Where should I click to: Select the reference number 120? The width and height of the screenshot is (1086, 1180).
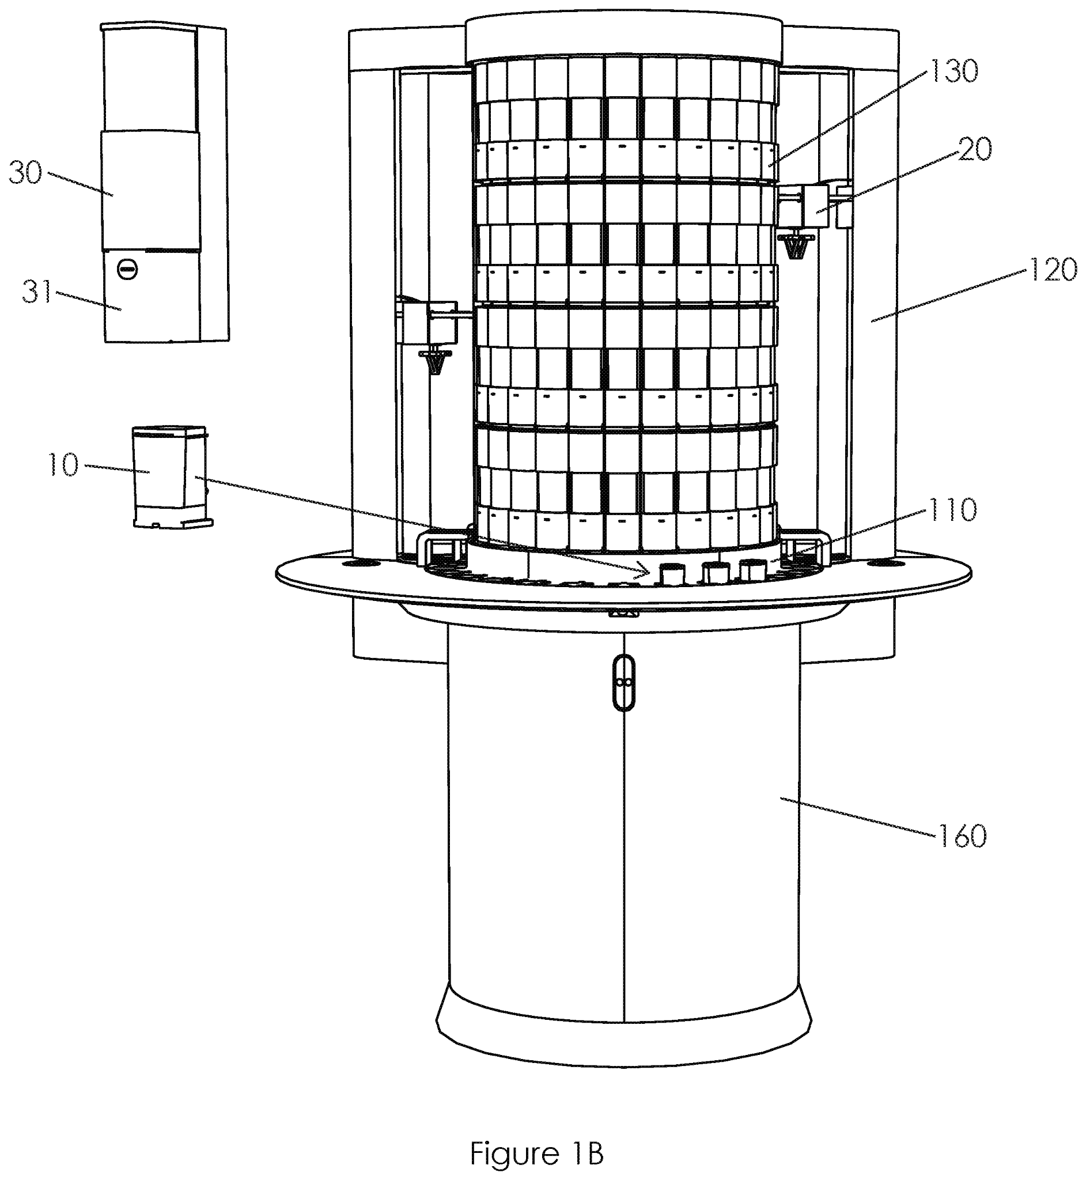click(x=1051, y=270)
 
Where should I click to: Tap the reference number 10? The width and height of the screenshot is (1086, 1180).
click(x=62, y=465)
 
